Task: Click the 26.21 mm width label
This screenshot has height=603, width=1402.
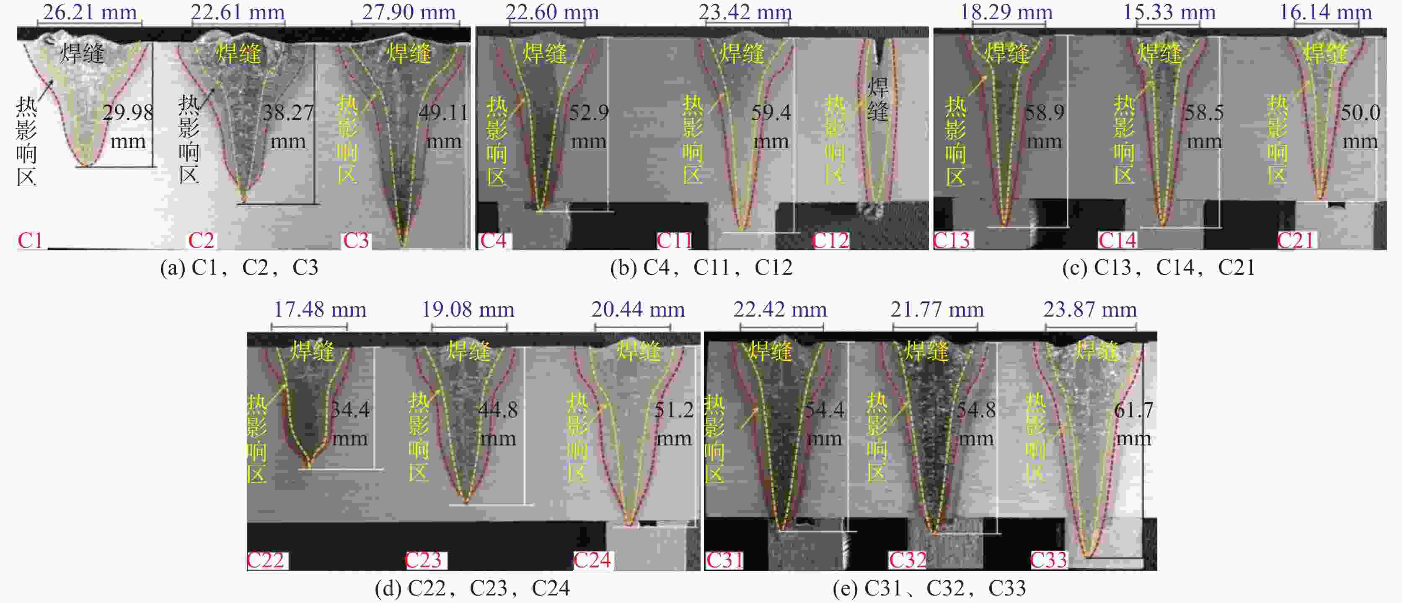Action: tap(90, 12)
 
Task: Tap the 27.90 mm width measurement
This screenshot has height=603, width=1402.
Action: tap(408, 12)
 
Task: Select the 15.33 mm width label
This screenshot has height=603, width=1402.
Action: tap(1169, 12)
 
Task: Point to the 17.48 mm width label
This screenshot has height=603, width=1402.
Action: tap(319, 309)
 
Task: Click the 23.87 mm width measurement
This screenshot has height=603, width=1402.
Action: tap(1089, 309)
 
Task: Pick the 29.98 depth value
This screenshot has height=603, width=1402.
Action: tap(128, 113)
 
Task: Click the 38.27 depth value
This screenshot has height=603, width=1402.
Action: tap(288, 113)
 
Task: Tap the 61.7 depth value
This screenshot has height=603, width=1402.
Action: tap(1133, 410)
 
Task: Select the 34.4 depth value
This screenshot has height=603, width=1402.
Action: tap(350, 410)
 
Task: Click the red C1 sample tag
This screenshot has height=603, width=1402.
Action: tap(30, 240)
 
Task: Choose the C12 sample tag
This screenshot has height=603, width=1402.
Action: tap(830, 240)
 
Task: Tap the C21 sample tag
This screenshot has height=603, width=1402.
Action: tap(1296, 240)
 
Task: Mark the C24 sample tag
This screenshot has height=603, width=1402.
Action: tap(592, 560)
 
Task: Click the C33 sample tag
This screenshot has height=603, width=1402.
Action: tap(1049, 560)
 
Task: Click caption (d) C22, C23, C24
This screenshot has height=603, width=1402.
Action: tap(472, 588)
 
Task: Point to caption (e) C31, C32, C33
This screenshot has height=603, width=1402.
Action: tap(929, 588)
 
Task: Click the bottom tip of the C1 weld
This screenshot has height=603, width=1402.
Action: tap(85, 164)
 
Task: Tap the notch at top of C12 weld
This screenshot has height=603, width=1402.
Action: tap(878, 52)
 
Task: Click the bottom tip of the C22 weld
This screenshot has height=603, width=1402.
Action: tap(308, 466)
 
